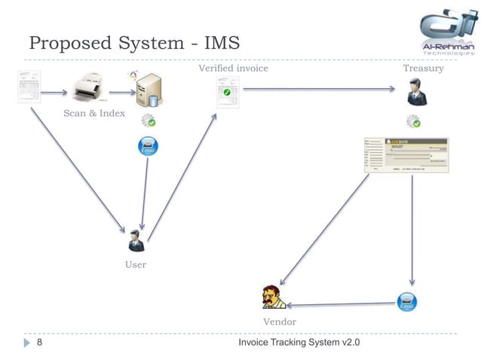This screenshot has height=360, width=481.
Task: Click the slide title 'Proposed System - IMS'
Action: [x=134, y=43]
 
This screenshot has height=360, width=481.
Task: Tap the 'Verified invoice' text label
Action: [x=233, y=69]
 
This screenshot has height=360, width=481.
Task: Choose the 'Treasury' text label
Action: [x=423, y=69]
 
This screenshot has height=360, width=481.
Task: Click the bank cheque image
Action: [x=406, y=156]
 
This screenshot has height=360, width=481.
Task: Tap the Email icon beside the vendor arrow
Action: [x=407, y=303]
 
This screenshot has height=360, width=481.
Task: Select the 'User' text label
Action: [x=136, y=264]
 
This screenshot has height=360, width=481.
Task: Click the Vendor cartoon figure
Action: [x=271, y=297]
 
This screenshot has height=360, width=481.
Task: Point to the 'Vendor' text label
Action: [x=279, y=322]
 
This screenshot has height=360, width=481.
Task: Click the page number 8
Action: [x=39, y=343]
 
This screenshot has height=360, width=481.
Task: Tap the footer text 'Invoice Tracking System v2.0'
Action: [x=299, y=343]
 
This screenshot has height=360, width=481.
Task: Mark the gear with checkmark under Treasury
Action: [x=413, y=121]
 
